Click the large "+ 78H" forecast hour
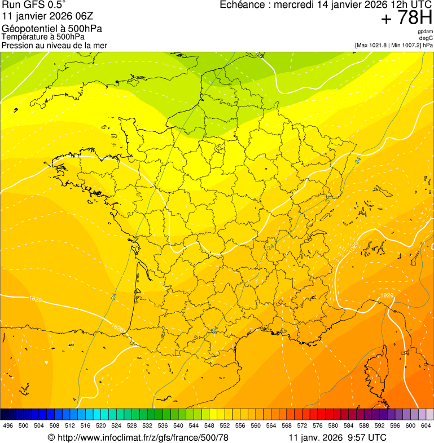406,19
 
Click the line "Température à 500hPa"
43,37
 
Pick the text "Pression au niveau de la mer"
54,45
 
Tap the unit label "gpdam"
426,32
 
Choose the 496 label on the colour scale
8,426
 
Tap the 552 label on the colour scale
225,426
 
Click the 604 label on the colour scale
426,426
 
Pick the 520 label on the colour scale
101,426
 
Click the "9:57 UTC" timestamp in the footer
367,437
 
